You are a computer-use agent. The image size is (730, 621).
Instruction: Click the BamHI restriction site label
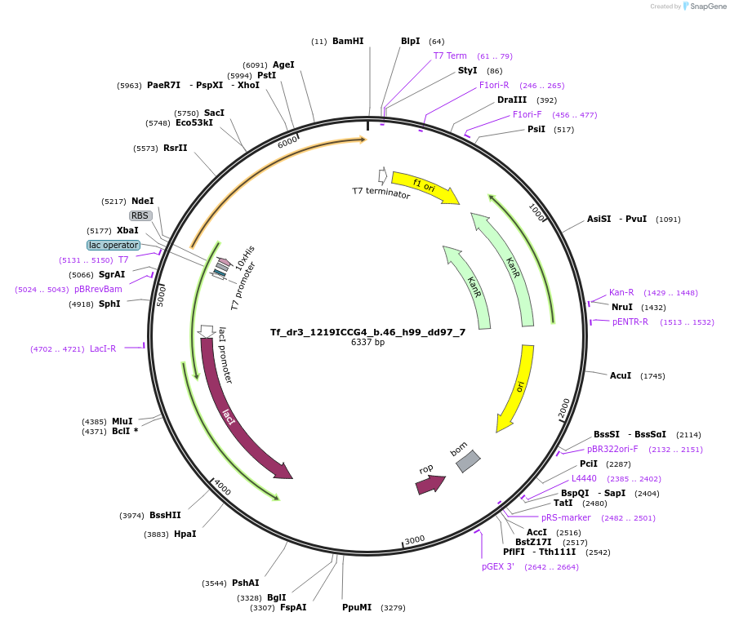348,41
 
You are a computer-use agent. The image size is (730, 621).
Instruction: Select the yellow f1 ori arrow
425,187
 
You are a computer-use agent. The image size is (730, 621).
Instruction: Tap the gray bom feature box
468,461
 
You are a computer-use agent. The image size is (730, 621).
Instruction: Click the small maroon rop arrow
430,486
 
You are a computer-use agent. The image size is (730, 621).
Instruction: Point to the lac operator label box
114,245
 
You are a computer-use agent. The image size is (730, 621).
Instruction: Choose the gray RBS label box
140,215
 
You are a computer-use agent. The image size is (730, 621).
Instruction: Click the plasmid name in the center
367,332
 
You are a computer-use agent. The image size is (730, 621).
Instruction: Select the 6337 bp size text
367,343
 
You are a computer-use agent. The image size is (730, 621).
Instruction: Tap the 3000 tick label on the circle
414,540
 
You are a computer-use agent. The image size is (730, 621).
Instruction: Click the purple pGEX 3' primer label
497,566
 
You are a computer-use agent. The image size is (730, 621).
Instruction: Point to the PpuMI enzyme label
357,607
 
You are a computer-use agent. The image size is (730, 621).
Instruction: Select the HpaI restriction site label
185,534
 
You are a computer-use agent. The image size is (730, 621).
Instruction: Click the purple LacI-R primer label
103,349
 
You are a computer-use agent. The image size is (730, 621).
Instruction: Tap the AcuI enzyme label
621,375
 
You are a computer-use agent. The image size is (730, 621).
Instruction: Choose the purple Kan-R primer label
621,293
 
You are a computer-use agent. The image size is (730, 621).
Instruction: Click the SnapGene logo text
708,6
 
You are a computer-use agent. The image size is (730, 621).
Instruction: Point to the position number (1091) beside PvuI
668,219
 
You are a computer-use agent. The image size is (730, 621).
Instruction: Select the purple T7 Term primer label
450,55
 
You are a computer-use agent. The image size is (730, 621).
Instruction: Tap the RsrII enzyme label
175,148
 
